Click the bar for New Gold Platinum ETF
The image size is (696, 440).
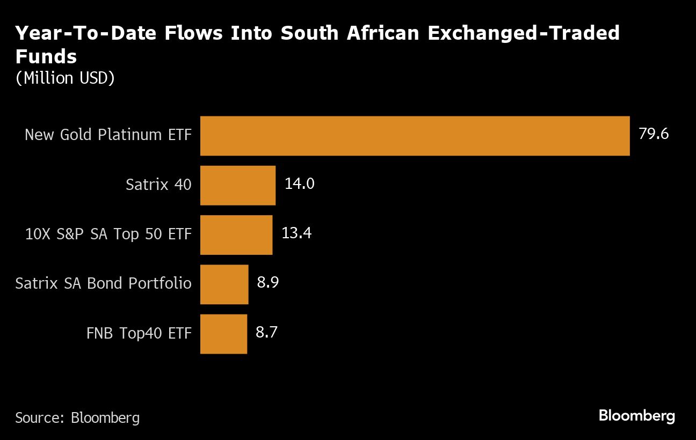(415, 136)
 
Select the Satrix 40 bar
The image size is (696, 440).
(238, 185)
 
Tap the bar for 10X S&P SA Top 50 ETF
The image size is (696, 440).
(236, 234)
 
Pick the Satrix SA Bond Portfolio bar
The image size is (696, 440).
(224, 284)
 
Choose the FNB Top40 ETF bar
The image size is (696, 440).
(223, 333)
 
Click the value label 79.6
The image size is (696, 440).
(654, 134)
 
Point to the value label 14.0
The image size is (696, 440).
(299, 184)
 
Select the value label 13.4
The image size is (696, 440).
(296, 233)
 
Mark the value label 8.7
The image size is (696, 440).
(267, 332)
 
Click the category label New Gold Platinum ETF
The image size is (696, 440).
(108, 135)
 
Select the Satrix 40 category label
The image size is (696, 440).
(158, 185)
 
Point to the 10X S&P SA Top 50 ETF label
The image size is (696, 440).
(108, 234)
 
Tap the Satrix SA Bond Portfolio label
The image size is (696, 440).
(103, 283)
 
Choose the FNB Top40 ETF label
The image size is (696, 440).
(139, 333)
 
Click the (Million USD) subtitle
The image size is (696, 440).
(65, 78)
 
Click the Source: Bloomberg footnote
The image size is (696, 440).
(77, 418)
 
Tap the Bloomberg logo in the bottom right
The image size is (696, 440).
(636, 416)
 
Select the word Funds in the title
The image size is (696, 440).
(46, 56)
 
